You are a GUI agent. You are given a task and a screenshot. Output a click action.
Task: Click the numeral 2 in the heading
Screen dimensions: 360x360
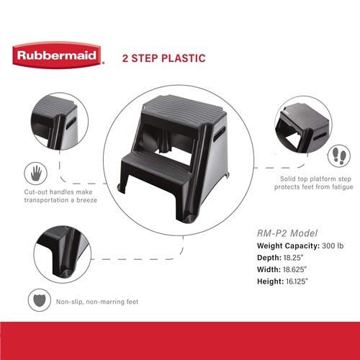point(125,58)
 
